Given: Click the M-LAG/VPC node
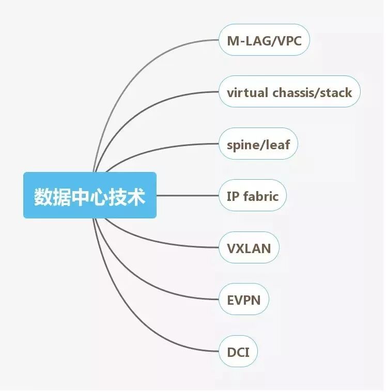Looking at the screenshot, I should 264,40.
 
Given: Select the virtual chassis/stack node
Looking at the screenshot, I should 289,92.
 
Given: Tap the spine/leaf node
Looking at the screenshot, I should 258,144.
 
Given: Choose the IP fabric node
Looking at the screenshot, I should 252,196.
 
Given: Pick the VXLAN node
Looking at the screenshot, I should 249,248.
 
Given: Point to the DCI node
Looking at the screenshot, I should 238,352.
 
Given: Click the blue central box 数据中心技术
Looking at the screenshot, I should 89,196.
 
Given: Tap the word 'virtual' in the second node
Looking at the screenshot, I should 247,93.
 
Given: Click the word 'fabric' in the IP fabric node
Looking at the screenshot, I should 260,196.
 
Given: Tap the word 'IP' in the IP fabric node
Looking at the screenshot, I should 232,196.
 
